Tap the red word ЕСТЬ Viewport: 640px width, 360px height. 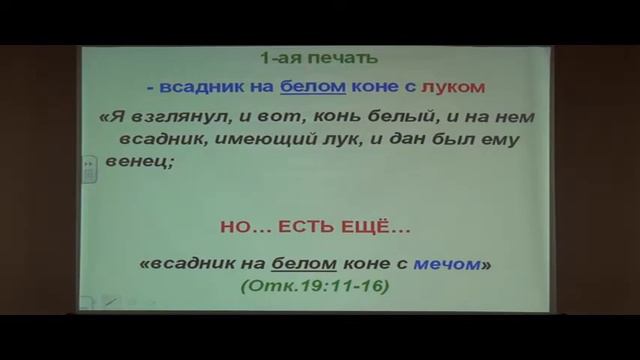(x=315, y=230)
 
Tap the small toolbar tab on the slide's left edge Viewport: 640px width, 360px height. (x=89, y=170)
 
